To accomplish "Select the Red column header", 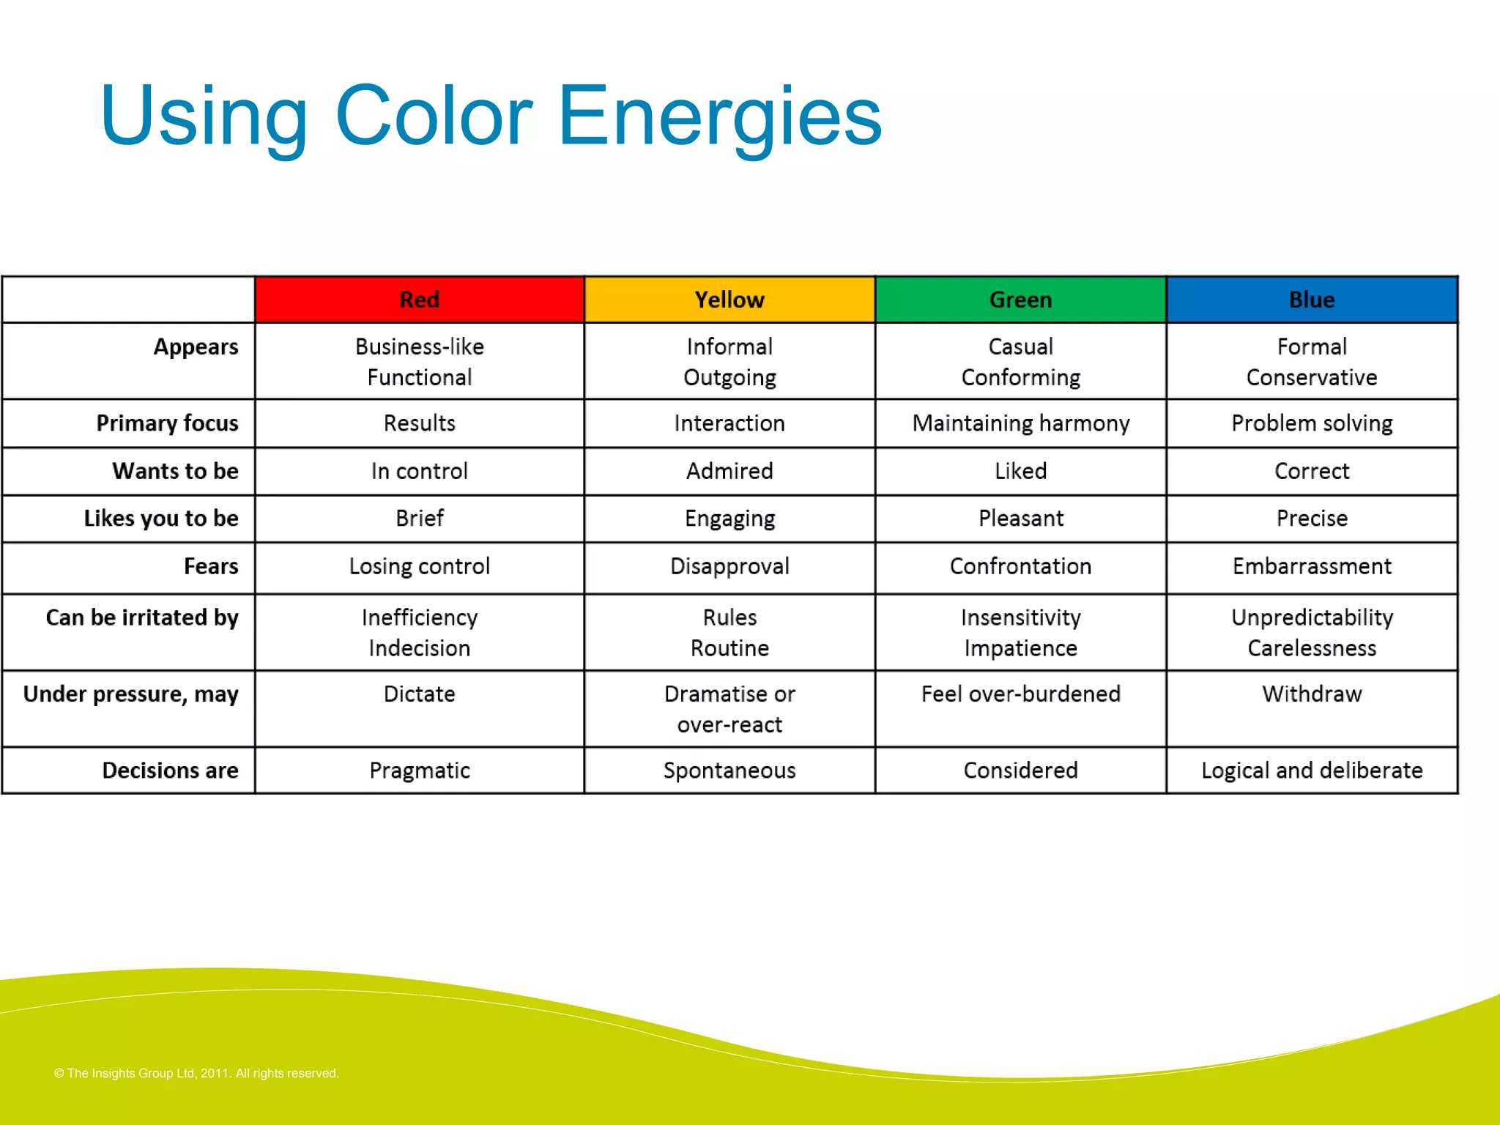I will (x=419, y=300).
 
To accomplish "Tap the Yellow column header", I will (x=729, y=300).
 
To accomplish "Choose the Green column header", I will (x=1020, y=300).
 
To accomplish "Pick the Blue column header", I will (x=1311, y=300).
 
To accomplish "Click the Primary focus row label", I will (x=167, y=423).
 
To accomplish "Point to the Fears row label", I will (x=211, y=566).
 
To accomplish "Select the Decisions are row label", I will (x=170, y=771).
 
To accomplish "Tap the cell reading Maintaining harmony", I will (x=1020, y=423).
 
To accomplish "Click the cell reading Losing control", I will (x=419, y=566).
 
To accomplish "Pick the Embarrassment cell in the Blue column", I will (x=1311, y=566).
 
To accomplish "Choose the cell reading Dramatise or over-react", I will (x=729, y=709).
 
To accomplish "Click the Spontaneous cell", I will (x=729, y=771).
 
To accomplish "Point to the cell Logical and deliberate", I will (x=1311, y=771).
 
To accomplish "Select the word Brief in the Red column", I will (x=419, y=519).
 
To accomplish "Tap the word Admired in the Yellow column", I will (x=729, y=471).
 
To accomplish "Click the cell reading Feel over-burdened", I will (x=1020, y=694).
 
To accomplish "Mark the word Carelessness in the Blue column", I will (x=1311, y=648).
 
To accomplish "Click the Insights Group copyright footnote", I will (x=196, y=1073).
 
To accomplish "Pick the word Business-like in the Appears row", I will (x=419, y=346).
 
